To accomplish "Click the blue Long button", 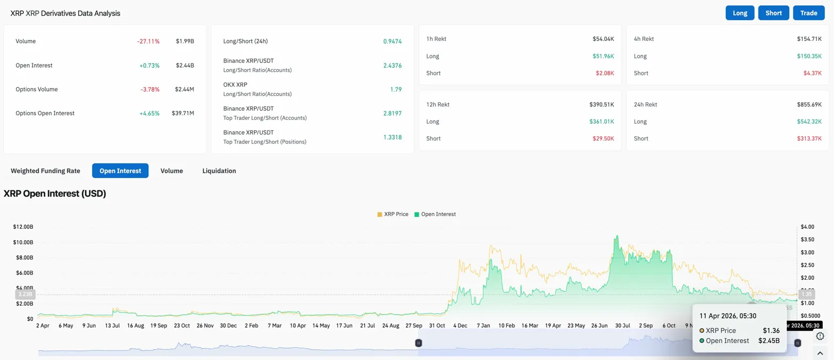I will point(740,13).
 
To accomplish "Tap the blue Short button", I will point(774,13).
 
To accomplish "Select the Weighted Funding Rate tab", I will point(45,171).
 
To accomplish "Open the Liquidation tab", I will point(219,171).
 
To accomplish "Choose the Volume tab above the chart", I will point(172,171).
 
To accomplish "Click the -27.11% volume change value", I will point(149,41).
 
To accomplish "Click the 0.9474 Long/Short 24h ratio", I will point(392,41).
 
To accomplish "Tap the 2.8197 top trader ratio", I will point(392,113).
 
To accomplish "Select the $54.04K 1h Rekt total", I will point(603,39).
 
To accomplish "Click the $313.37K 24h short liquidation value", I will point(810,138).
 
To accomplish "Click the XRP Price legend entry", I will point(393,214).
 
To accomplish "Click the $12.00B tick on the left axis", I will point(23,227).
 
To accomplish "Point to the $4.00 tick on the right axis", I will point(807,227).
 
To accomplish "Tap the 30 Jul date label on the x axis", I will point(622,325).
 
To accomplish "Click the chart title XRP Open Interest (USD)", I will point(55,194).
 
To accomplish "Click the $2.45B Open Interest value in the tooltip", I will point(769,340).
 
